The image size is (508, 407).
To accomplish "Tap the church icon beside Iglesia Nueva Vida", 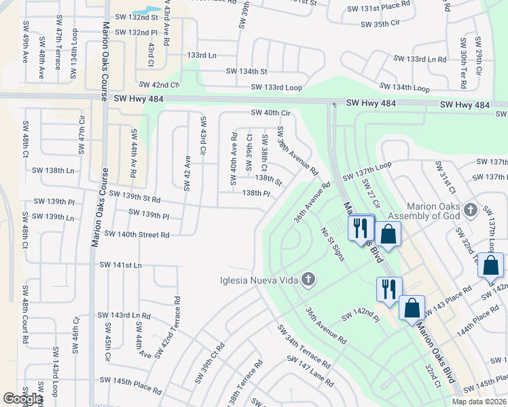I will tap(308, 279).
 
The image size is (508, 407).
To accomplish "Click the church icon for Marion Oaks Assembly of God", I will tap(469, 210).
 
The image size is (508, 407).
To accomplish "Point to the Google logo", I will tap(22, 398).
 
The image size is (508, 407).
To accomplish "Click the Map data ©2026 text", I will tap(479, 401).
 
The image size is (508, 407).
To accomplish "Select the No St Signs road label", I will tap(333, 244).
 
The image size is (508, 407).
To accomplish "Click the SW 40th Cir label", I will tap(270, 113).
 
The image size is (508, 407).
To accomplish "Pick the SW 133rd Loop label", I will tap(276, 88).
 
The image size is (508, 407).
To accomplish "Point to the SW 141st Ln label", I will tap(120, 265).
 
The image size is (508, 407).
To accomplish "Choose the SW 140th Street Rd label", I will tap(137, 234).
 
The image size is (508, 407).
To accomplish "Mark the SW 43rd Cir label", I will tap(202, 134).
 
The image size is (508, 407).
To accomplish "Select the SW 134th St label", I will tap(247, 71).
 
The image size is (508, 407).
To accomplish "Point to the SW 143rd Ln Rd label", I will tap(123, 315).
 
